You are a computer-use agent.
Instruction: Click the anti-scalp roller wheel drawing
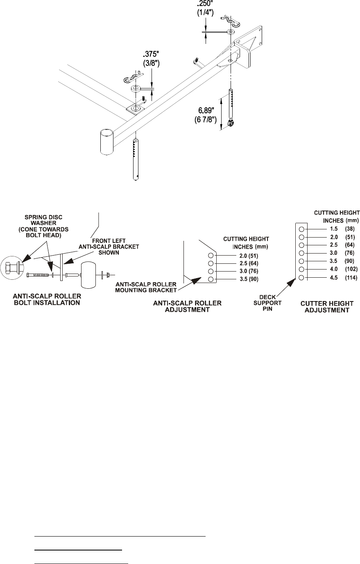(x=91, y=275)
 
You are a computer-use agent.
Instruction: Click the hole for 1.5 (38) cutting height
(x=301, y=229)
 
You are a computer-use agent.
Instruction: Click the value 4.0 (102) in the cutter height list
(x=331, y=269)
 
